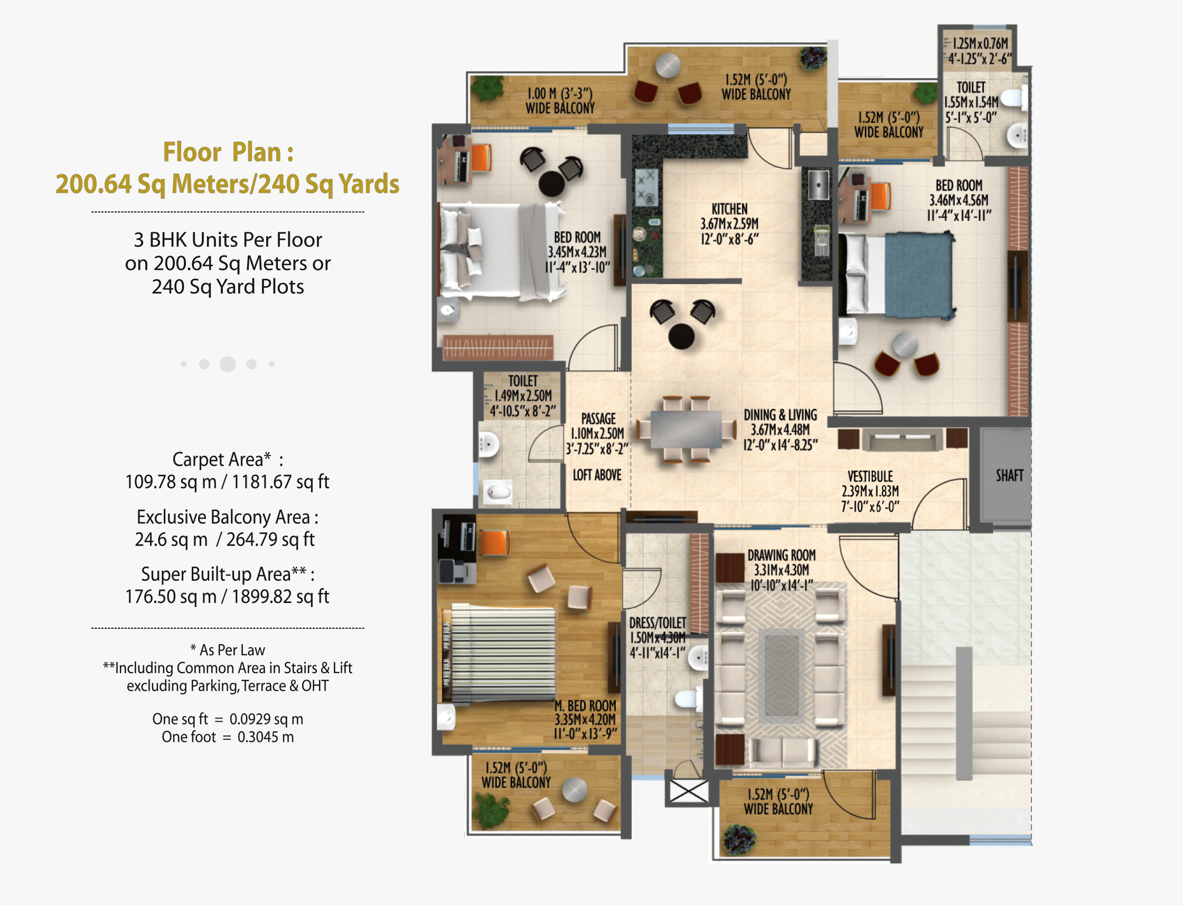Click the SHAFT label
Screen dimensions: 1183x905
click(x=1009, y=475)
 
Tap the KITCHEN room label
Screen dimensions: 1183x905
click(x=729, y=209)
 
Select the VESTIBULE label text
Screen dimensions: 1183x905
click(x=870, y=476)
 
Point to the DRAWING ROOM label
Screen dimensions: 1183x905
click(x=781, y=555)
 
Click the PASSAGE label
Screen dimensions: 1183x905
click(x=598, y=419)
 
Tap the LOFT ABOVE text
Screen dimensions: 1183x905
click(x=597, y=475)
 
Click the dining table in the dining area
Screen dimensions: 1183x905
click(x=686, y=429)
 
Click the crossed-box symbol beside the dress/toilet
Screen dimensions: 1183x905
click(x=689, y=791)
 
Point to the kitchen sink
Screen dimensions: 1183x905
click(x=818, y=184)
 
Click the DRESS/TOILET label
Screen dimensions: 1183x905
click(x=657, y=623)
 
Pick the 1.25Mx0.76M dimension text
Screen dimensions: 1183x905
click(x=980, y=43)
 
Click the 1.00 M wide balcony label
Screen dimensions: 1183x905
click(x=560, y=101)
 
